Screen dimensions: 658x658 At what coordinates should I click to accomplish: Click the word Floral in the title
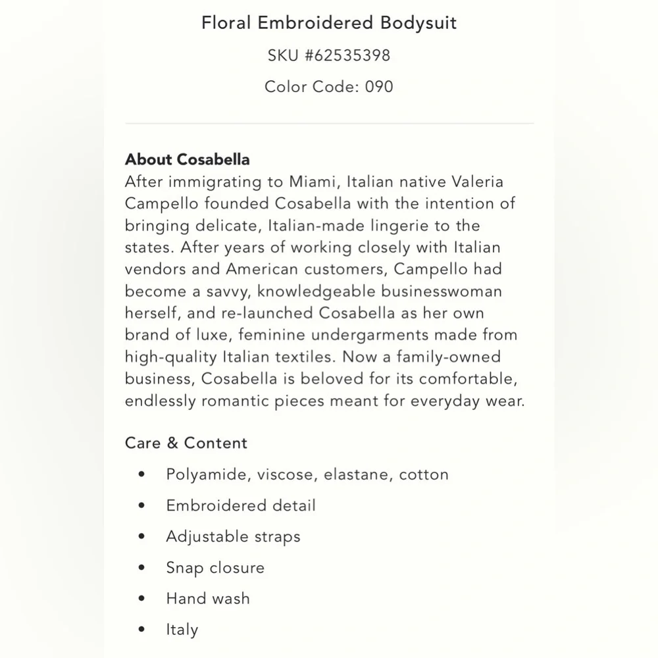225,23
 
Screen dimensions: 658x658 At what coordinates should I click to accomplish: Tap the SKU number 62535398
347,55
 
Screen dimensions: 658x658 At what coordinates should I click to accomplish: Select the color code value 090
379,86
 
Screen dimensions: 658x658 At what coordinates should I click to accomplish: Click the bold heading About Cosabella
188,159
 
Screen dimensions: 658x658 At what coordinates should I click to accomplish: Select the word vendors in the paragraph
152,269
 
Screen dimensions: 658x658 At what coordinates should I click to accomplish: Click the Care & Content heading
186,443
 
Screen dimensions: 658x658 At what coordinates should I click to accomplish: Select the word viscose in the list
283,474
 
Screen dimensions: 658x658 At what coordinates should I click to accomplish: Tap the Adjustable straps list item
233,536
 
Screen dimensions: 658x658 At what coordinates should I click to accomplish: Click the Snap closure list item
215,567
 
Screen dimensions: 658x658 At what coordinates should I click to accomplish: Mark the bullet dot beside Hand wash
141,599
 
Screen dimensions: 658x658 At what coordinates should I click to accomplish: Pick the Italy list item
182,630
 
